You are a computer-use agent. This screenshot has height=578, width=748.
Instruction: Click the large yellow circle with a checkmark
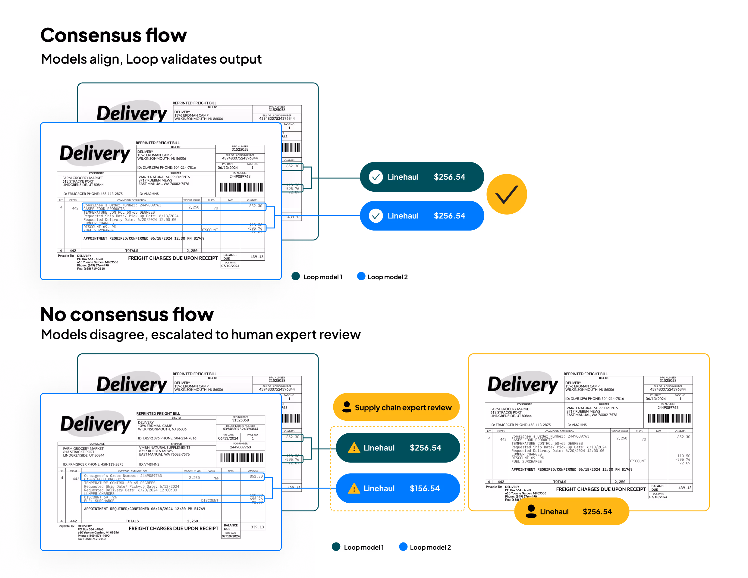507,194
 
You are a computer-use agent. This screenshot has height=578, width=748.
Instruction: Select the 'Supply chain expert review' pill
396,407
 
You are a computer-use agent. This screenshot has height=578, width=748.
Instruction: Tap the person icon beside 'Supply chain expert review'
347,407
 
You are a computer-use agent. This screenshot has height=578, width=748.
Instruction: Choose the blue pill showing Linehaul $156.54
398,488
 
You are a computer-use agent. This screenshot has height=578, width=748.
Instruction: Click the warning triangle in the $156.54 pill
354,488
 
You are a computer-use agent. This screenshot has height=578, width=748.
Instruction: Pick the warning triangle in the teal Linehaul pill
354,448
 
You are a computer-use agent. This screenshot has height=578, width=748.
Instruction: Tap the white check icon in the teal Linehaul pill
376,177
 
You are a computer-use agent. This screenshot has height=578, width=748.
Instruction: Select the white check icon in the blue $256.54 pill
376,216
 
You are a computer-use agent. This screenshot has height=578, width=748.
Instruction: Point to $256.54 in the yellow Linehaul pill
597,512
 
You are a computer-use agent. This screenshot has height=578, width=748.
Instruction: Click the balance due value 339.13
257,527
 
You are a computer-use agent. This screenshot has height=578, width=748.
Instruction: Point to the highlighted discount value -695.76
256,499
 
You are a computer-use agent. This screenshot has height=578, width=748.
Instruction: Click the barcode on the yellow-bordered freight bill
669,418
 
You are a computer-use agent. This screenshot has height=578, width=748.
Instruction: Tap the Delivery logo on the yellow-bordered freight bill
522,384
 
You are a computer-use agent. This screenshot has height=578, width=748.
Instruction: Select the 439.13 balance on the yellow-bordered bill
685,488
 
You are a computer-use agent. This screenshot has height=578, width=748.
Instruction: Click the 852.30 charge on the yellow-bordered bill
683,437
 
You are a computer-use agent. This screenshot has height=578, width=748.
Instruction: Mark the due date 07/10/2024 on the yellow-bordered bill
658,497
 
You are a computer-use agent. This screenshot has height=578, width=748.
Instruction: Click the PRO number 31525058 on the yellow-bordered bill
668,380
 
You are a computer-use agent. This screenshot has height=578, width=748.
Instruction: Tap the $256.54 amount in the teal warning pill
425,448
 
